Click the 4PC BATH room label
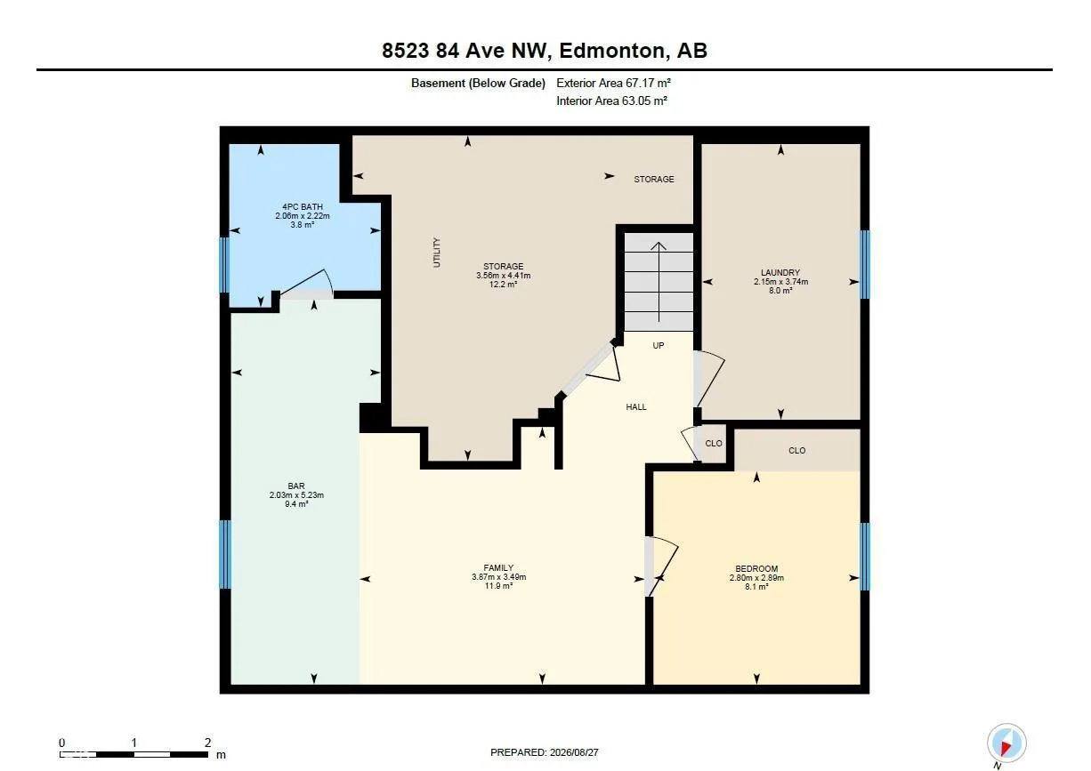point(302,207)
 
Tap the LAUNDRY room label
point(780,273)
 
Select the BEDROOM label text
point(756,568)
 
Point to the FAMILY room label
point(498,567)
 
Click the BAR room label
point(296,486)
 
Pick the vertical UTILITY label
point(436,253)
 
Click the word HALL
point(636,407)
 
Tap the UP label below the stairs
point(658,346)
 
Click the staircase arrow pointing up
point(659,282)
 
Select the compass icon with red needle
point(1006,743)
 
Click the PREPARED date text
point(544,752)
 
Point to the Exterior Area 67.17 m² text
point(613,83)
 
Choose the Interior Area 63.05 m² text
point(611,100)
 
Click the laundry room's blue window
point(864,264)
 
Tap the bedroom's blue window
point(864,557)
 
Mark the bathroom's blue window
point(224,265)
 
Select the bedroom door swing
point(662,566)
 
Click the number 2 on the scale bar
point(207,743)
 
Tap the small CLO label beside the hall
point(714,444)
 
